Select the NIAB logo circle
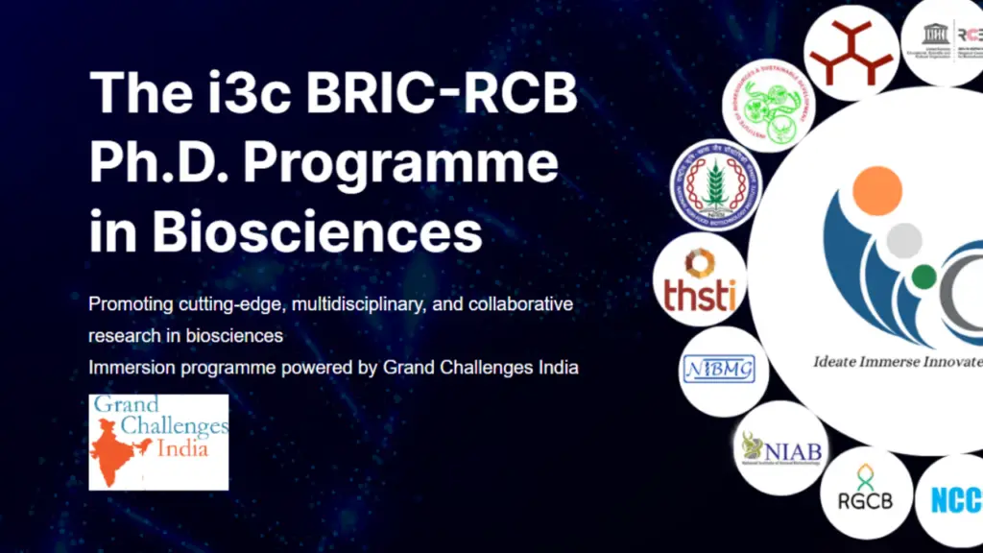click(779, 447)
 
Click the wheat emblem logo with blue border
click(716, 184)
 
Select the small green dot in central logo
click(923, 277)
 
